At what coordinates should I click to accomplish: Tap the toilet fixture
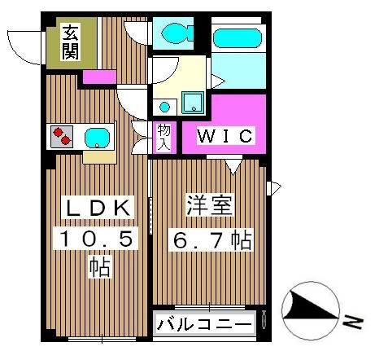click(174, 33)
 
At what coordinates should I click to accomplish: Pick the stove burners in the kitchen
click(60, 134)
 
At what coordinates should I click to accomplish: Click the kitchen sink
click(98, 136)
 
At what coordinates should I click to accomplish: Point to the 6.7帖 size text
click(209, 239)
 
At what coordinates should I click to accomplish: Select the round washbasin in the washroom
click(164, 106)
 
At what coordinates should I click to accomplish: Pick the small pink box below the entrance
click(100, 77)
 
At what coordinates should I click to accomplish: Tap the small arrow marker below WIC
click(233, 167)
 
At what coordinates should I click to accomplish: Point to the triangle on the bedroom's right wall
click(274, 189)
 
